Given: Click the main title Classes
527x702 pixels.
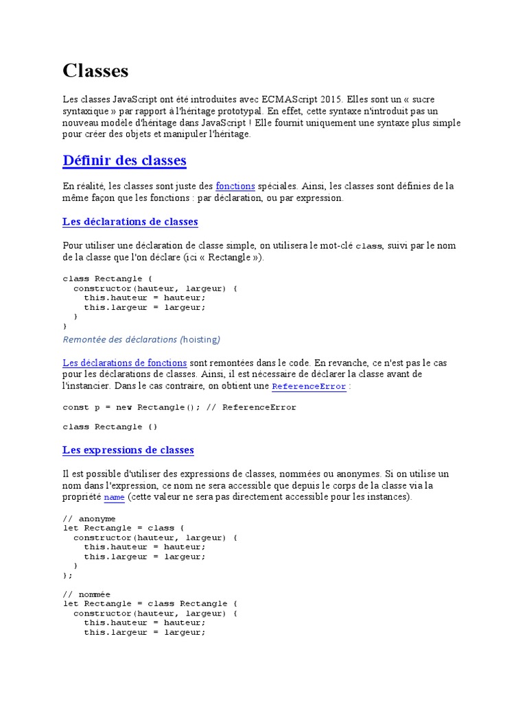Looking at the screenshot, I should (95, 71).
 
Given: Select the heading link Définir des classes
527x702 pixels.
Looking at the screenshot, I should (124, 160).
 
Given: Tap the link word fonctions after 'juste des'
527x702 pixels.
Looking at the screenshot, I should (235, 186).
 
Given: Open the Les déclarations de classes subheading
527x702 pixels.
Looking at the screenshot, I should (130, 221).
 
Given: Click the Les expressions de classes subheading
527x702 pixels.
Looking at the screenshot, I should (128, 450).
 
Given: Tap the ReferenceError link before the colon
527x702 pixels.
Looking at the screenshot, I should (309, 387).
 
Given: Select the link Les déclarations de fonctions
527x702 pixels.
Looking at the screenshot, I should (124, 362).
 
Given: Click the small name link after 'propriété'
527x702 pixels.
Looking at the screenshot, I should (114, 497).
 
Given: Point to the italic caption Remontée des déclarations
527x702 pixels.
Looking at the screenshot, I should (120, 339).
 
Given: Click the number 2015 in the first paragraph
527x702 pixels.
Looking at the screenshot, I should (329, 99).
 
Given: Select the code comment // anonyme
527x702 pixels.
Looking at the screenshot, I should (89, 519).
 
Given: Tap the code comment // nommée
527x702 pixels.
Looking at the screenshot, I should (86, 594).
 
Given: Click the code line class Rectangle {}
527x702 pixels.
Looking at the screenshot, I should (110, 426).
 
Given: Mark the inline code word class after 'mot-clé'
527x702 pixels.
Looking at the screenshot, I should (368, 246).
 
